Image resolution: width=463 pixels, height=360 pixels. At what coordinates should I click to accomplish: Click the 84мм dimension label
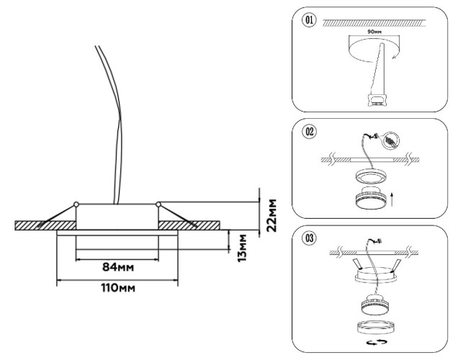pyautogui.click(x=118, y=267)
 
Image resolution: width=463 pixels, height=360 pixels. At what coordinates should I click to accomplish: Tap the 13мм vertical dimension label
pyautogui.click(x=245, y=246)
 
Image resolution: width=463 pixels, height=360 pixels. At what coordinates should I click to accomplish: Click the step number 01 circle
pyautogui.click(x=309, y=20)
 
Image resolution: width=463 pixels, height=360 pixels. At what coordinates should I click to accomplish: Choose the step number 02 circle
pyautogui.click(x=309, y=132)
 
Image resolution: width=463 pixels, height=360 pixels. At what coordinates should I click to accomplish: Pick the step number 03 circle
pyautogui.click(x=309, y=237)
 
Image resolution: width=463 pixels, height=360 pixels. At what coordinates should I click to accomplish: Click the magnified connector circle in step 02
pyautogui.click(x=392, y=140)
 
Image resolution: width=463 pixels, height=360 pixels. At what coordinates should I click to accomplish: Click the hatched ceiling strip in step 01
pyautogui.click(x=374, y=22)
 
